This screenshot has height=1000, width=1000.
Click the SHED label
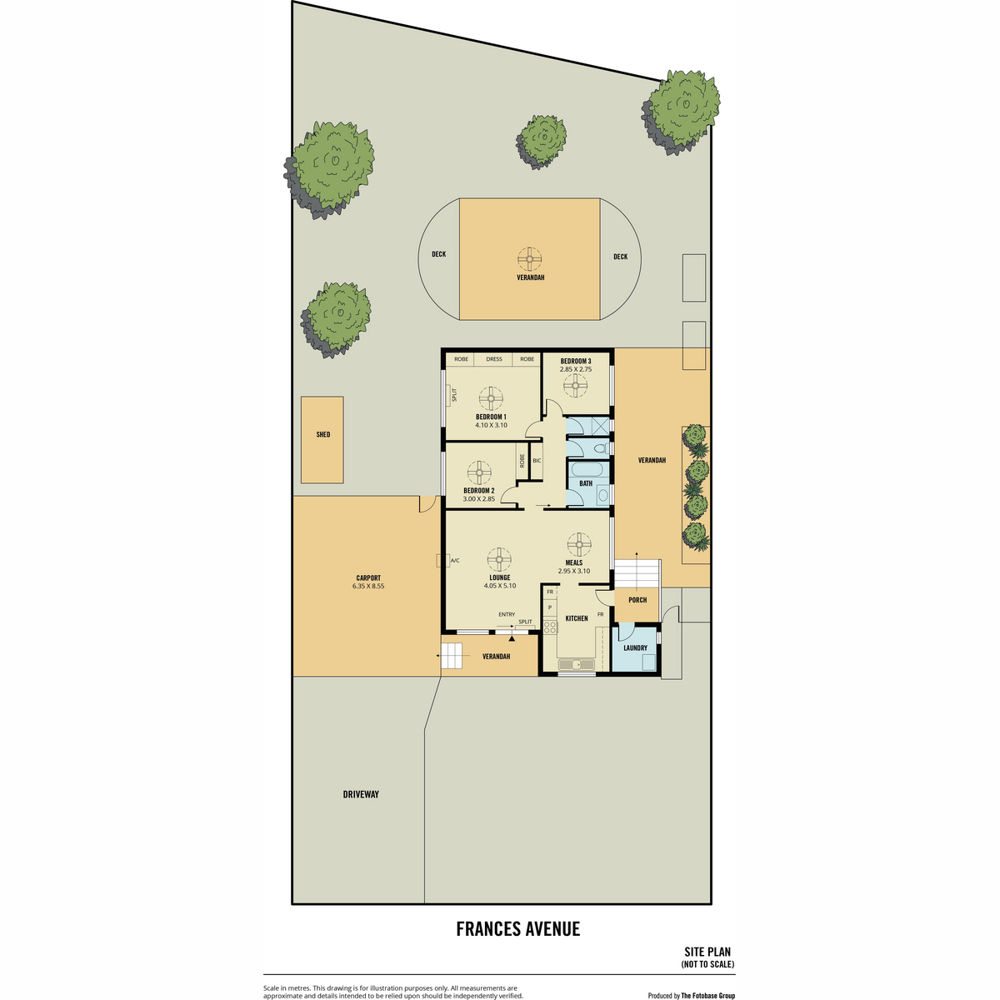pyautogui.click(x=322, y=435)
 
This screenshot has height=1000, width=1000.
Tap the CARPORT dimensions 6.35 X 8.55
pyautogui.click(x=368, y=586)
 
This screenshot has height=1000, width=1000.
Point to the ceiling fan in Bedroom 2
pyautogui.click(x=479, y=472)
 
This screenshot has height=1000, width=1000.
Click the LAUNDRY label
pyautogui.click(x=635, y=648)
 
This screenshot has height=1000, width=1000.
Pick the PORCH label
pyautogui.click(x=637, y=600)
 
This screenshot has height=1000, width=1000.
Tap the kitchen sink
pyautogui.click(x=577, y=664)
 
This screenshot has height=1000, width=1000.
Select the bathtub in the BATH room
pyautogui.click(x=587, y=470)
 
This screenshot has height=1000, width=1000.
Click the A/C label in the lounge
pyautogui.click(x=455, y=561)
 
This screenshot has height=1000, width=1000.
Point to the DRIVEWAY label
pyautogui.click(x=361, y=794)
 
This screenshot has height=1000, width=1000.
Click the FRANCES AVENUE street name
pyautogui.click(x=517, y=929)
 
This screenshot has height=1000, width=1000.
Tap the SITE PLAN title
pyautogui.click(x=707, y=952)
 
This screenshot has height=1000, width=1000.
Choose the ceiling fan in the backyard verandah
pyautogui.click(x=529, y=259)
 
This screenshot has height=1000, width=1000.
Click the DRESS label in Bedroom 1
pyautogui.click(x=494, y=359)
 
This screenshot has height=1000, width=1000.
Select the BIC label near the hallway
pyautogui.click(x=537, y=460)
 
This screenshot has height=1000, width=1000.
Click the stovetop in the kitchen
pyautogui.click(x=549, y=627)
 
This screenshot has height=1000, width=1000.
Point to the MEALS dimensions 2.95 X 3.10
pyautogui.click(x=574, y=571)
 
